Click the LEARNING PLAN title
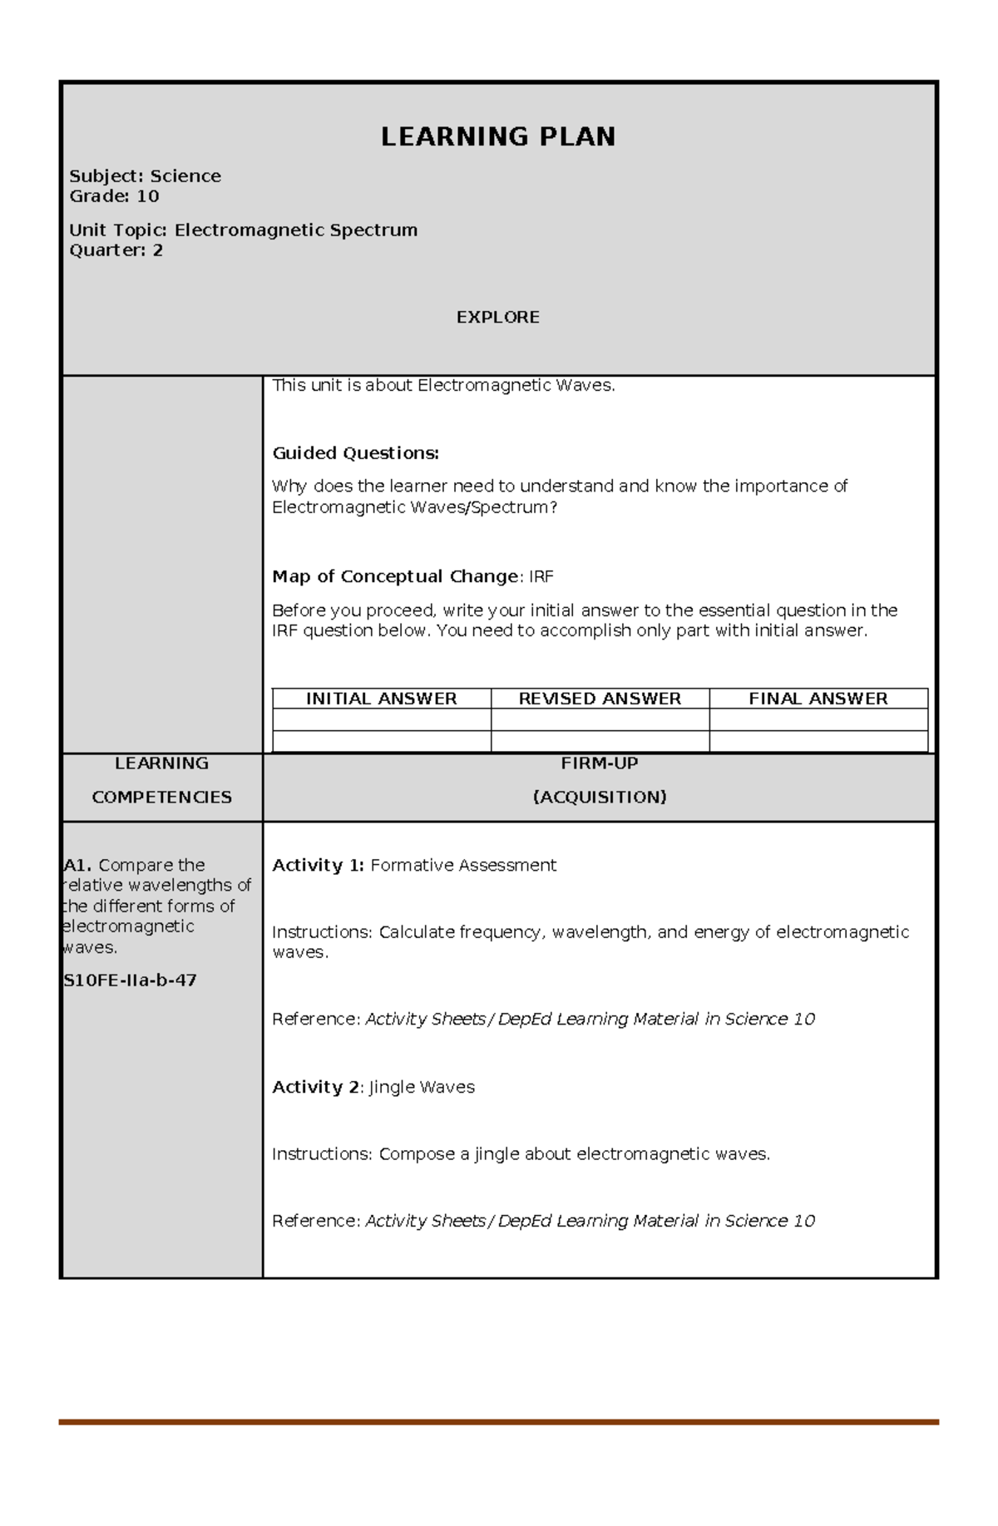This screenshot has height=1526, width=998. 497,137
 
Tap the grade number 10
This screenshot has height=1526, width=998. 148,196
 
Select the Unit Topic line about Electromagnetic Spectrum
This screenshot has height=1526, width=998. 243,230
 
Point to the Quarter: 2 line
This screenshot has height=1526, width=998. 116,250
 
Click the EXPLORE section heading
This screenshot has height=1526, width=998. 497,317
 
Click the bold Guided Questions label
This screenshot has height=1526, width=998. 355,453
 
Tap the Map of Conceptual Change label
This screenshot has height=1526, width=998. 395,576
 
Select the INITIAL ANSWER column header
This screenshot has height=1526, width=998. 381,699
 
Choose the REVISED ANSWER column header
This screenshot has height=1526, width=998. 600,699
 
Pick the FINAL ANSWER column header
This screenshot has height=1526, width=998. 818,699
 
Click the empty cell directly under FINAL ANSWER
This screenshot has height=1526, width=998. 818,719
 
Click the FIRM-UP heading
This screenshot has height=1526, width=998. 599,763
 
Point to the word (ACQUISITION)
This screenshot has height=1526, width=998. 599,797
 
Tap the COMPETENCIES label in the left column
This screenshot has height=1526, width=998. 161,797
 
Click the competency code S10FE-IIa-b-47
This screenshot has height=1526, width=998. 131,980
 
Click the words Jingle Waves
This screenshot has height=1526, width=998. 422,1087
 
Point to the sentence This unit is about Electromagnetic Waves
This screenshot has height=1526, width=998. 443,385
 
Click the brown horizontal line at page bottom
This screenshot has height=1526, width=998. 497,1422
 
